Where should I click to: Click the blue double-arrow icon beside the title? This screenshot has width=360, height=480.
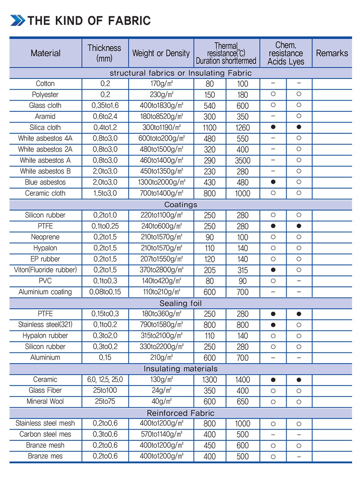click(18, 21)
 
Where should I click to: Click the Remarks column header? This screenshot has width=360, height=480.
click(332, 53)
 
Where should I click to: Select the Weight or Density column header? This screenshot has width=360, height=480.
click(161, 53)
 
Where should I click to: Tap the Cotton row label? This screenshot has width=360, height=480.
click(45, 84)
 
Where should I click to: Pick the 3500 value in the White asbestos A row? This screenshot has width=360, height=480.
click(243, 160)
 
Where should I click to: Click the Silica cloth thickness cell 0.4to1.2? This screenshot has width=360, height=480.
click(105, 128)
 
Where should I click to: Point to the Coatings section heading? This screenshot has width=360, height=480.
click(181, 205)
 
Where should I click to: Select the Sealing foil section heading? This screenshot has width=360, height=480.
click(181, 303)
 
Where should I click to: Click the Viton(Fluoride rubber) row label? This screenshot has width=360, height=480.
click(45, 270)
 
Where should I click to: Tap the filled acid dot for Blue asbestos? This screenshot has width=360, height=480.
click(273, 182)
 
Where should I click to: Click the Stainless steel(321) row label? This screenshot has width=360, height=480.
click(45, 325)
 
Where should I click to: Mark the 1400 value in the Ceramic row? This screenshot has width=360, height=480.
click(243, 380)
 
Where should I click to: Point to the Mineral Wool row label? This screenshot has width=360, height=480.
click(45, 401)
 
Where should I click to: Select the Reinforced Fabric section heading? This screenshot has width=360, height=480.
click(181, 413)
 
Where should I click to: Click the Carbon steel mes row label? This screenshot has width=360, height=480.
click(45, 434)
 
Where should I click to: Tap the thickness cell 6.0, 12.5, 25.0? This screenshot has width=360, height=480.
click(105, 379)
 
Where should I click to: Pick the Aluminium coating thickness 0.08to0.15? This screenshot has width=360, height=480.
click(105, 292)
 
